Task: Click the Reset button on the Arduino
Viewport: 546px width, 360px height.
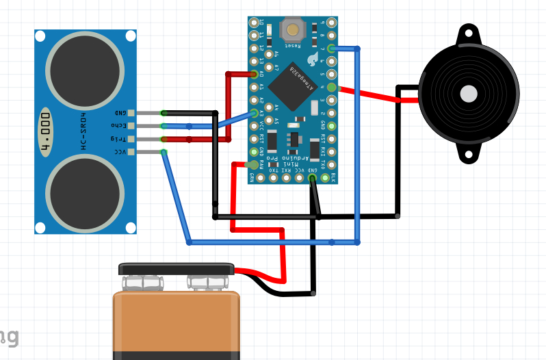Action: coord(294,30)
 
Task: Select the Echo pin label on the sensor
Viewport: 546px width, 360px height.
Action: coord(118,125)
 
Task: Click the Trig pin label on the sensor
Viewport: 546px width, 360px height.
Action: coord(118,139)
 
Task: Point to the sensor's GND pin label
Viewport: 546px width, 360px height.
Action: coord(119,112)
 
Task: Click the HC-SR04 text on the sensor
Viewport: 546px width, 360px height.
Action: coord(84,131)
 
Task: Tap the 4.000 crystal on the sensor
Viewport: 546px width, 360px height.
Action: coord(46,131)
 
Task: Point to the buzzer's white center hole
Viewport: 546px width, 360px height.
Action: coord(469,94)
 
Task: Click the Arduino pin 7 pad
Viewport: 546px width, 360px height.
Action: coord(332,48)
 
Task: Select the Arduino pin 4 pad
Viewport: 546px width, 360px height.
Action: coord(332,87)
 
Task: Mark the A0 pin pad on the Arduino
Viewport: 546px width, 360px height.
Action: coord(255,74)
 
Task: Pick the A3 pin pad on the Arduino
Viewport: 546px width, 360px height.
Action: coord(255,113)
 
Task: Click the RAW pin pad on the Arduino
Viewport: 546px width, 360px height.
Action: coord(254,165)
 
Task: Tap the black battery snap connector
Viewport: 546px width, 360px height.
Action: coord(177,270)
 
